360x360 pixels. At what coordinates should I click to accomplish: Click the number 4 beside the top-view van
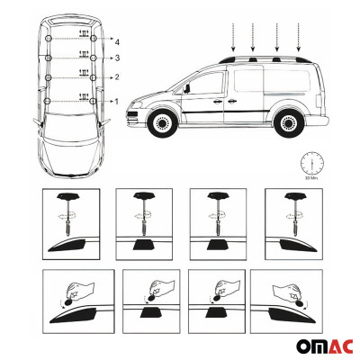click(x=117, y=41)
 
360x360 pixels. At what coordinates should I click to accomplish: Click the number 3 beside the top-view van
click(x=117, y=58)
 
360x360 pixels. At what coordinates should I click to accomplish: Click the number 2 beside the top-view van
click(x=117, y=78)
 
